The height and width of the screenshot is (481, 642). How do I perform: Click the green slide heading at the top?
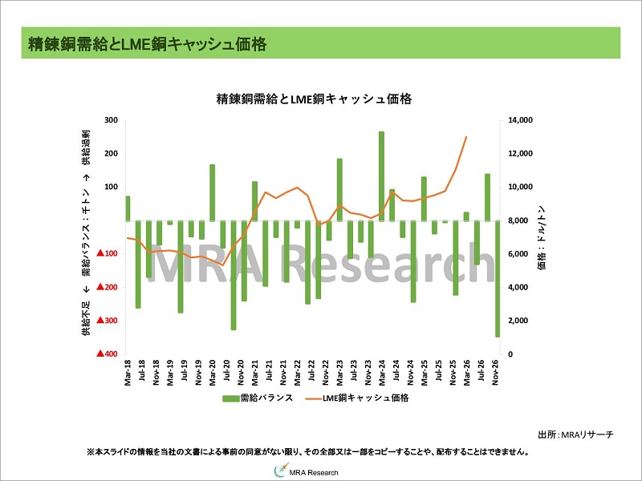point(146,42)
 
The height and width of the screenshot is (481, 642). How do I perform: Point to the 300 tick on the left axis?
point(111,120)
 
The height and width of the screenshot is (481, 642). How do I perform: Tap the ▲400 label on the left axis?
point(108,354)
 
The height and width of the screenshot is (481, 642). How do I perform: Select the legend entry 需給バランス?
point(258,398)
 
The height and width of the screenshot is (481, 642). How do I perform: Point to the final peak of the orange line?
point(466,137)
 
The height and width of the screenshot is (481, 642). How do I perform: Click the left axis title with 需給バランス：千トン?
point(86,236)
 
